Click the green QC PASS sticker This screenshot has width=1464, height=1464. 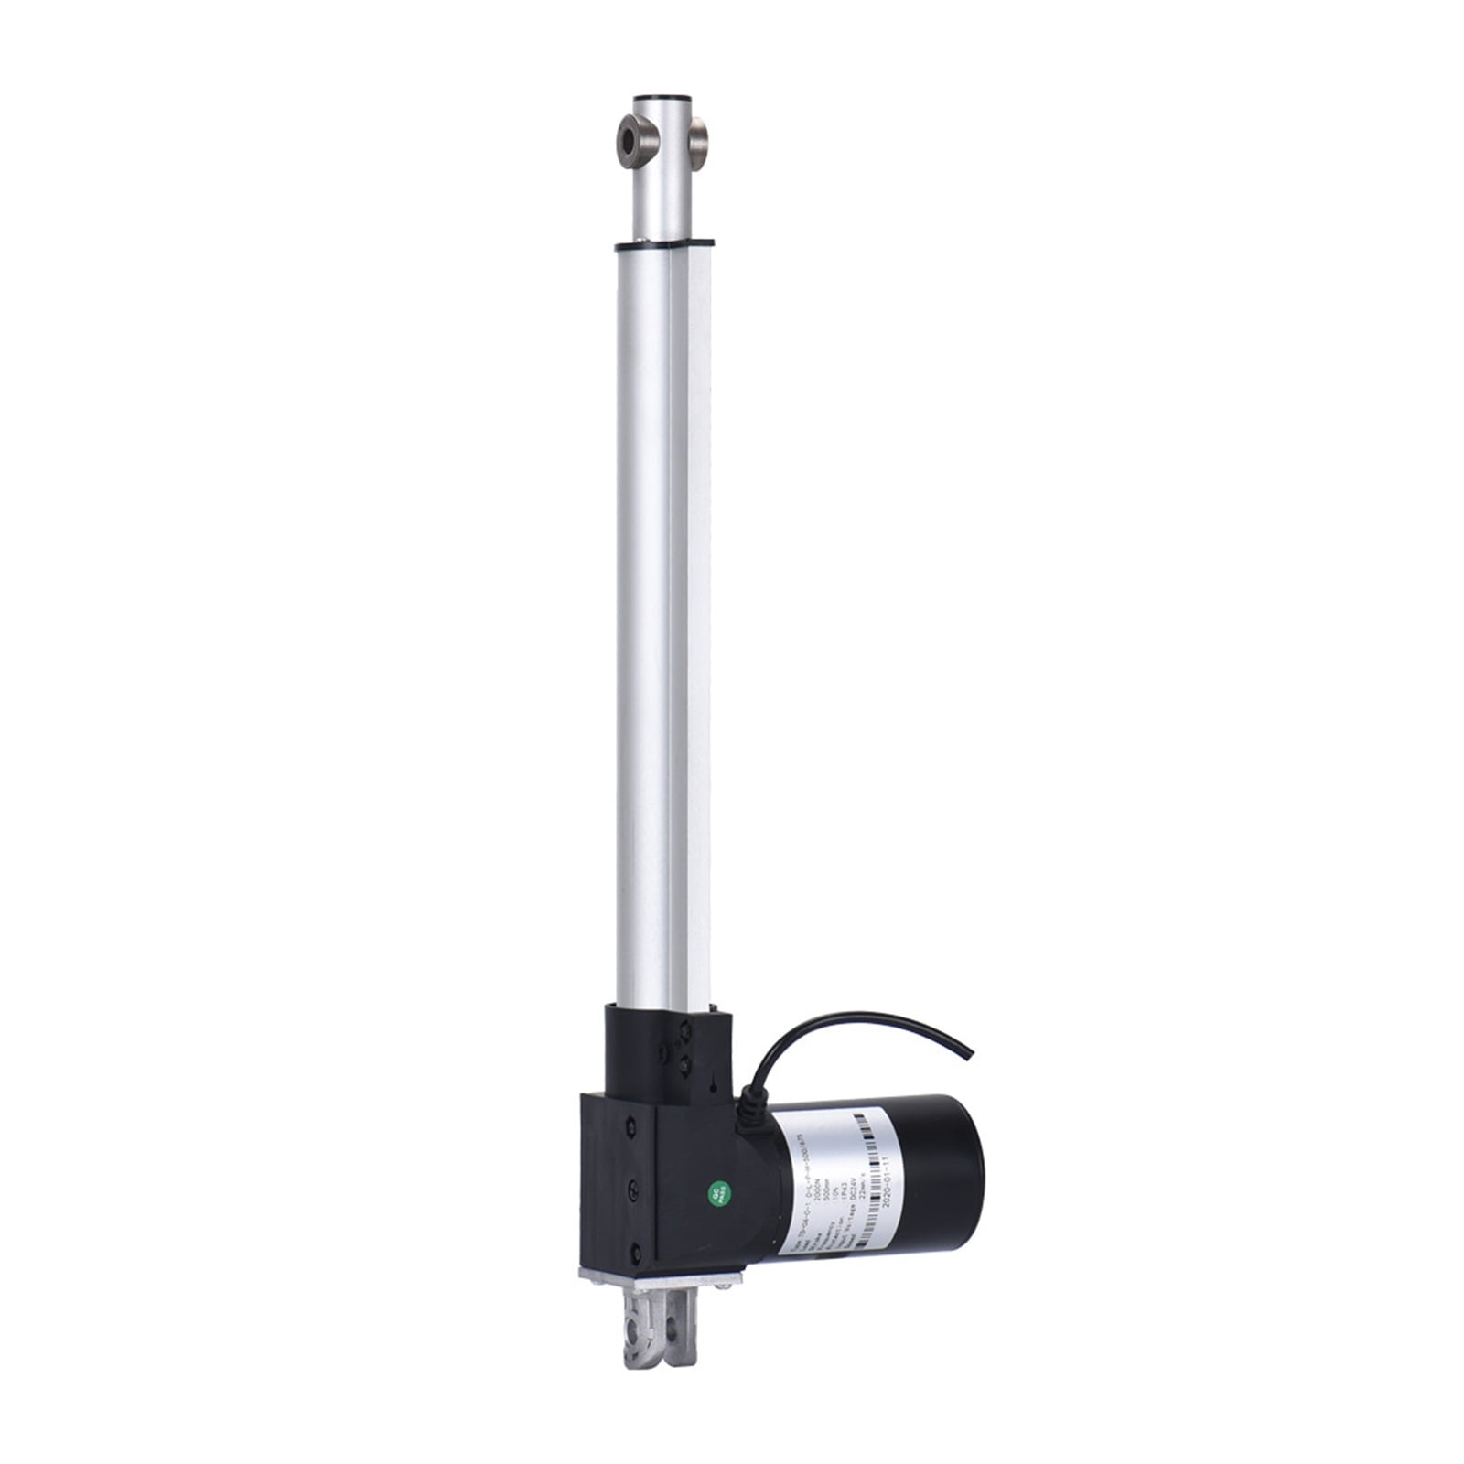718,1191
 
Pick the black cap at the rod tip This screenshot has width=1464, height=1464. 663,97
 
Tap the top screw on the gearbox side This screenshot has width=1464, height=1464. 632,1125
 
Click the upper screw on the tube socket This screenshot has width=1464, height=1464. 684,1034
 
